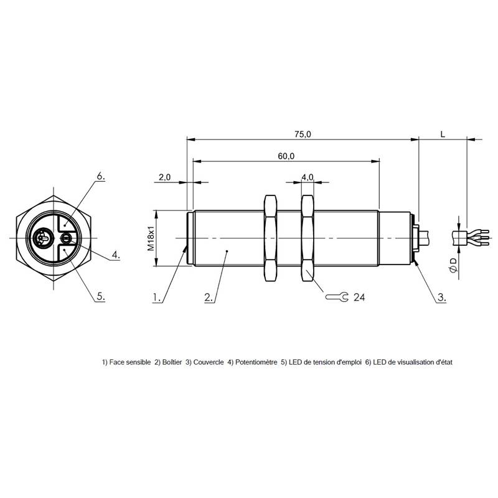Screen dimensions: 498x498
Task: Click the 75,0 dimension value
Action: point(303,134)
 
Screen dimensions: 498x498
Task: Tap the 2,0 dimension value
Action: point(165,177)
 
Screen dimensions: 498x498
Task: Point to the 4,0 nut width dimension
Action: point(308,177)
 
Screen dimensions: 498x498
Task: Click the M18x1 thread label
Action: point(151,238)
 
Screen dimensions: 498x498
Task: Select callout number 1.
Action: point(157,298)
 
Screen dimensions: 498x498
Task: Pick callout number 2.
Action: point(209,298)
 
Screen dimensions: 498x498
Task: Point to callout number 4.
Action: point(116,255)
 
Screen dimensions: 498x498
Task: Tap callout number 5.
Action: point(100,298)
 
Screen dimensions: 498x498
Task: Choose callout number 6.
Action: point(100,177)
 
